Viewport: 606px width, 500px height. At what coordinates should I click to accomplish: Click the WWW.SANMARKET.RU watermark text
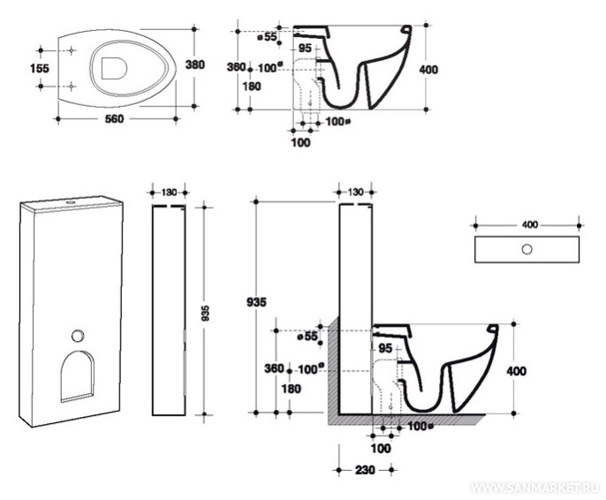536,487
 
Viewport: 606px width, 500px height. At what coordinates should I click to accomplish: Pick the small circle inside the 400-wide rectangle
526,249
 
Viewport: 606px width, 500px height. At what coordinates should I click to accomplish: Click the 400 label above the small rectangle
528,224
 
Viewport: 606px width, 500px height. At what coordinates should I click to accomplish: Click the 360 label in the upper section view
236,67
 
